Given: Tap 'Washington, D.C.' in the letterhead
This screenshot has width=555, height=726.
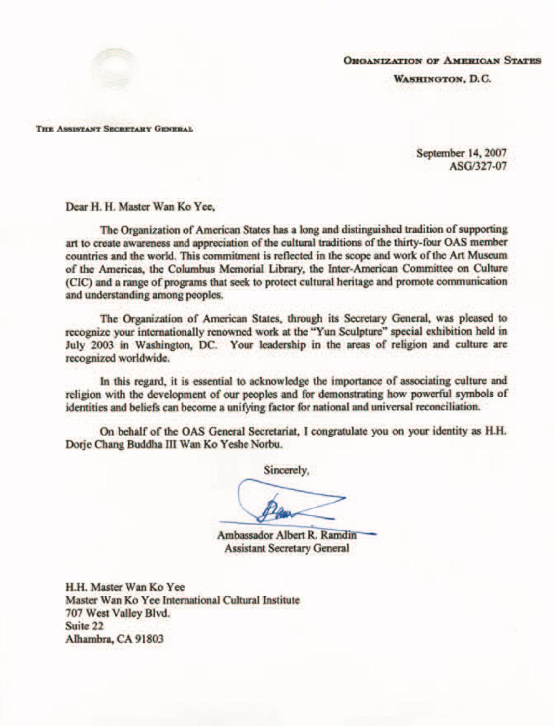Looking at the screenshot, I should click(x=442, y=78).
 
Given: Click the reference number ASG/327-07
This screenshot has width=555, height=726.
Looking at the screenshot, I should click(x=478, y=166).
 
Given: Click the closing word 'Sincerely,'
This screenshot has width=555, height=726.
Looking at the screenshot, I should click(x=286, y=470).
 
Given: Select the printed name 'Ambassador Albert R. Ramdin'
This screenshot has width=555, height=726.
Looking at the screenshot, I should click(x=287, y=535).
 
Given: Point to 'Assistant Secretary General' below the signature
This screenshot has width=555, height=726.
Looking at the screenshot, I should click(x=287, y=548).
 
